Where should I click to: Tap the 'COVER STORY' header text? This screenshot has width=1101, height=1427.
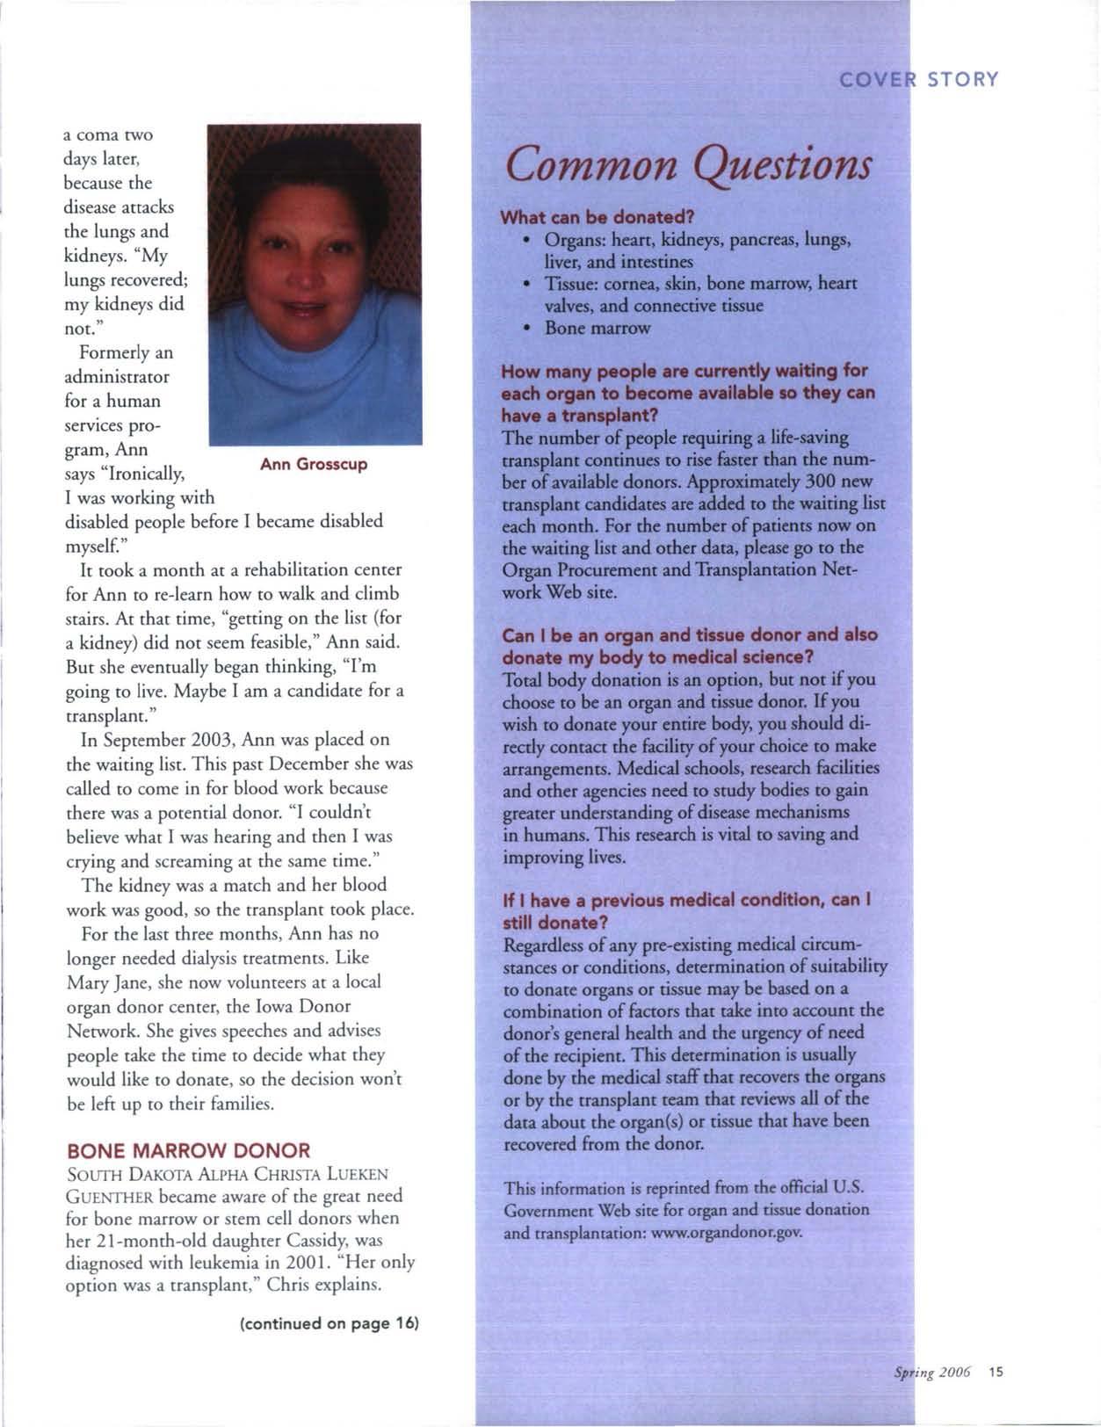[918, 80]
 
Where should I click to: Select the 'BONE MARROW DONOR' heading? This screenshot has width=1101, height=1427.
[189, 1150]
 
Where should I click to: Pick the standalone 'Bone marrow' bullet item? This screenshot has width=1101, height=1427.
[598, 328]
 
